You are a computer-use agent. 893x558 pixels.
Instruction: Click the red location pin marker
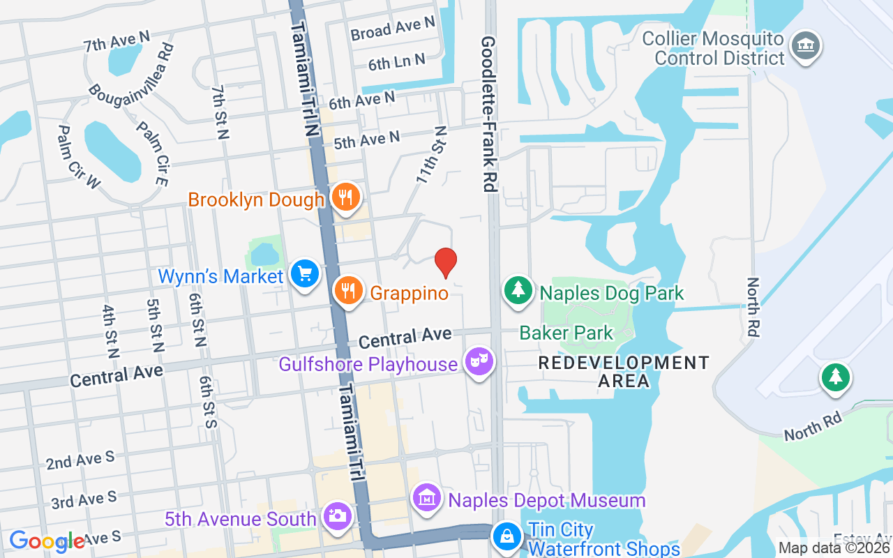click(x=446, y=262)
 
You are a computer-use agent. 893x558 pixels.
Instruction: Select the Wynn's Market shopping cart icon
click(x=305, y=273)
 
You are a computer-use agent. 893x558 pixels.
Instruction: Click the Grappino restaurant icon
click(x=348, y=291)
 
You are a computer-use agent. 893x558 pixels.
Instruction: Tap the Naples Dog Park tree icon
click(x=518, y=291)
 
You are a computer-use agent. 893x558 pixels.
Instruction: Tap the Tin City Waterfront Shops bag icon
click(x=506, y=536)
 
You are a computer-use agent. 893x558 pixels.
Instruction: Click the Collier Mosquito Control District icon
click(x=806, y=46)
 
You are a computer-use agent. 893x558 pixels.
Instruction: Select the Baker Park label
click(x=566, y=333)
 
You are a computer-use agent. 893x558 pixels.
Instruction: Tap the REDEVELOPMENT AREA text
click(x=624, y=372)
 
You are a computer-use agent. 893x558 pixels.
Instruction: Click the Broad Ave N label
click(x=393, y=29)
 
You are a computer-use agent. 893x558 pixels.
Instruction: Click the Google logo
click(x=47, y=541)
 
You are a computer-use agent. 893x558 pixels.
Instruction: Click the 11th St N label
click(x=431, y=155)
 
